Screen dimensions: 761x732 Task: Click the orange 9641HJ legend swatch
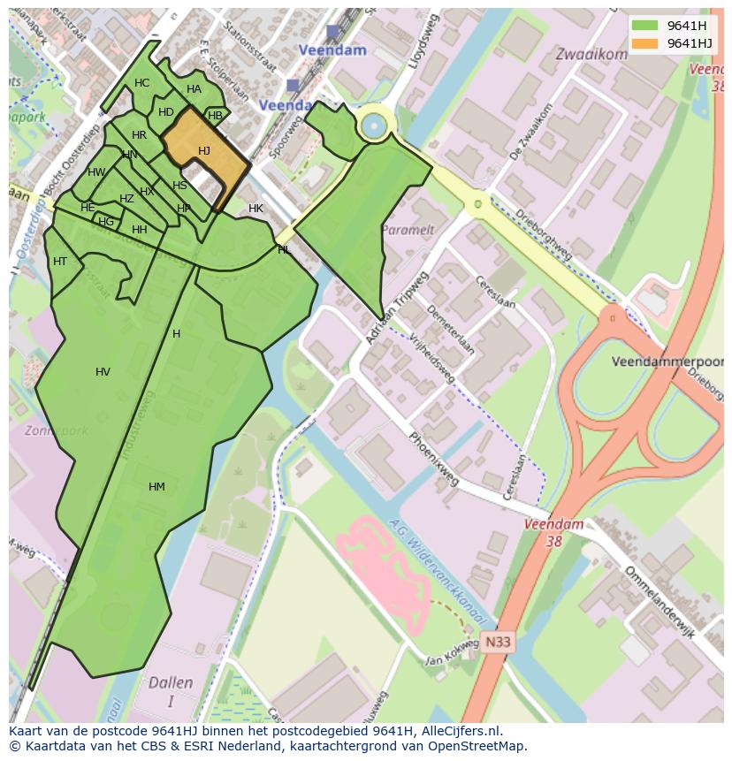point(645,43)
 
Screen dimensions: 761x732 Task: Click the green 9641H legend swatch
point(645,26)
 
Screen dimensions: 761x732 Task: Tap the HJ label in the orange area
point(204,151)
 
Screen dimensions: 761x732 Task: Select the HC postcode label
point(141,83)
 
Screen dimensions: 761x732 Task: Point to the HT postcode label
point(60,262)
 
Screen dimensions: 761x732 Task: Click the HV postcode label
point(103,372)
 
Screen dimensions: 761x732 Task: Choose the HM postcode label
point(156,487)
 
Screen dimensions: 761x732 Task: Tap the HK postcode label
point(255,209)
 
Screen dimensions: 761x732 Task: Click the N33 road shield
point(498,643)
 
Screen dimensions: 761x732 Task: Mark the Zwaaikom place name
point(591,54)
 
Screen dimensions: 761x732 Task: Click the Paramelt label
point(407,230)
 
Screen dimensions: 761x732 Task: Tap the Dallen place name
point(171,683)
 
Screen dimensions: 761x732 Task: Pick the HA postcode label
point(194,89)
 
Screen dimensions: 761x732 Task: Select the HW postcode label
point(96,172)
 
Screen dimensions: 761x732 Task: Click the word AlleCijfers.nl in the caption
point(459,731)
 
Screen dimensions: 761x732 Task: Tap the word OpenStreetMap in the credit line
point(477,746)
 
